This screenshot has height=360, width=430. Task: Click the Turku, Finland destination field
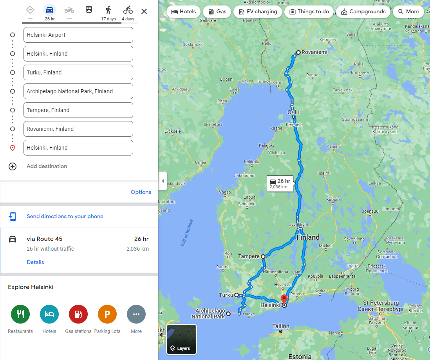(x=78, y=72)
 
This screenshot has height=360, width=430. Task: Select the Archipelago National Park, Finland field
(x=78, y=91)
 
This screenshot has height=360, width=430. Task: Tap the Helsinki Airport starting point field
(x=78, y=35)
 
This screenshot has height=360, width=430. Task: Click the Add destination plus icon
(x=13, y=166)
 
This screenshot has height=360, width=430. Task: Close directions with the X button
(x=144, y=11)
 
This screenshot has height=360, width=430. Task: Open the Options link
(x=141, y=192)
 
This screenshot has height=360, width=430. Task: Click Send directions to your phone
(x=65, y=216)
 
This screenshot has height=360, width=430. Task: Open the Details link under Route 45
(x=35, y=262)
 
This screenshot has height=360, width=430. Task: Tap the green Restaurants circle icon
(x=20, y=314)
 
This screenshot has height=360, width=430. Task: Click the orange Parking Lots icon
(x=107, y=314)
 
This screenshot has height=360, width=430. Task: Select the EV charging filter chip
(x=258, y=12)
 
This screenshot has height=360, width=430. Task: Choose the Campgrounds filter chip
(x=363, y=12)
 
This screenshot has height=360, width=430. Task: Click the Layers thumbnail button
(x=181, y=339)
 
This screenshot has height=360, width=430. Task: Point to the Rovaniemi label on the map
(x=314, y=52)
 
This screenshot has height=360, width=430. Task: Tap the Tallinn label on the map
(x=281, y=326)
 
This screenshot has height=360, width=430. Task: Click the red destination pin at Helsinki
(x=284, y=299)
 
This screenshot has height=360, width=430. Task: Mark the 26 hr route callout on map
(x=280, y=183)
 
